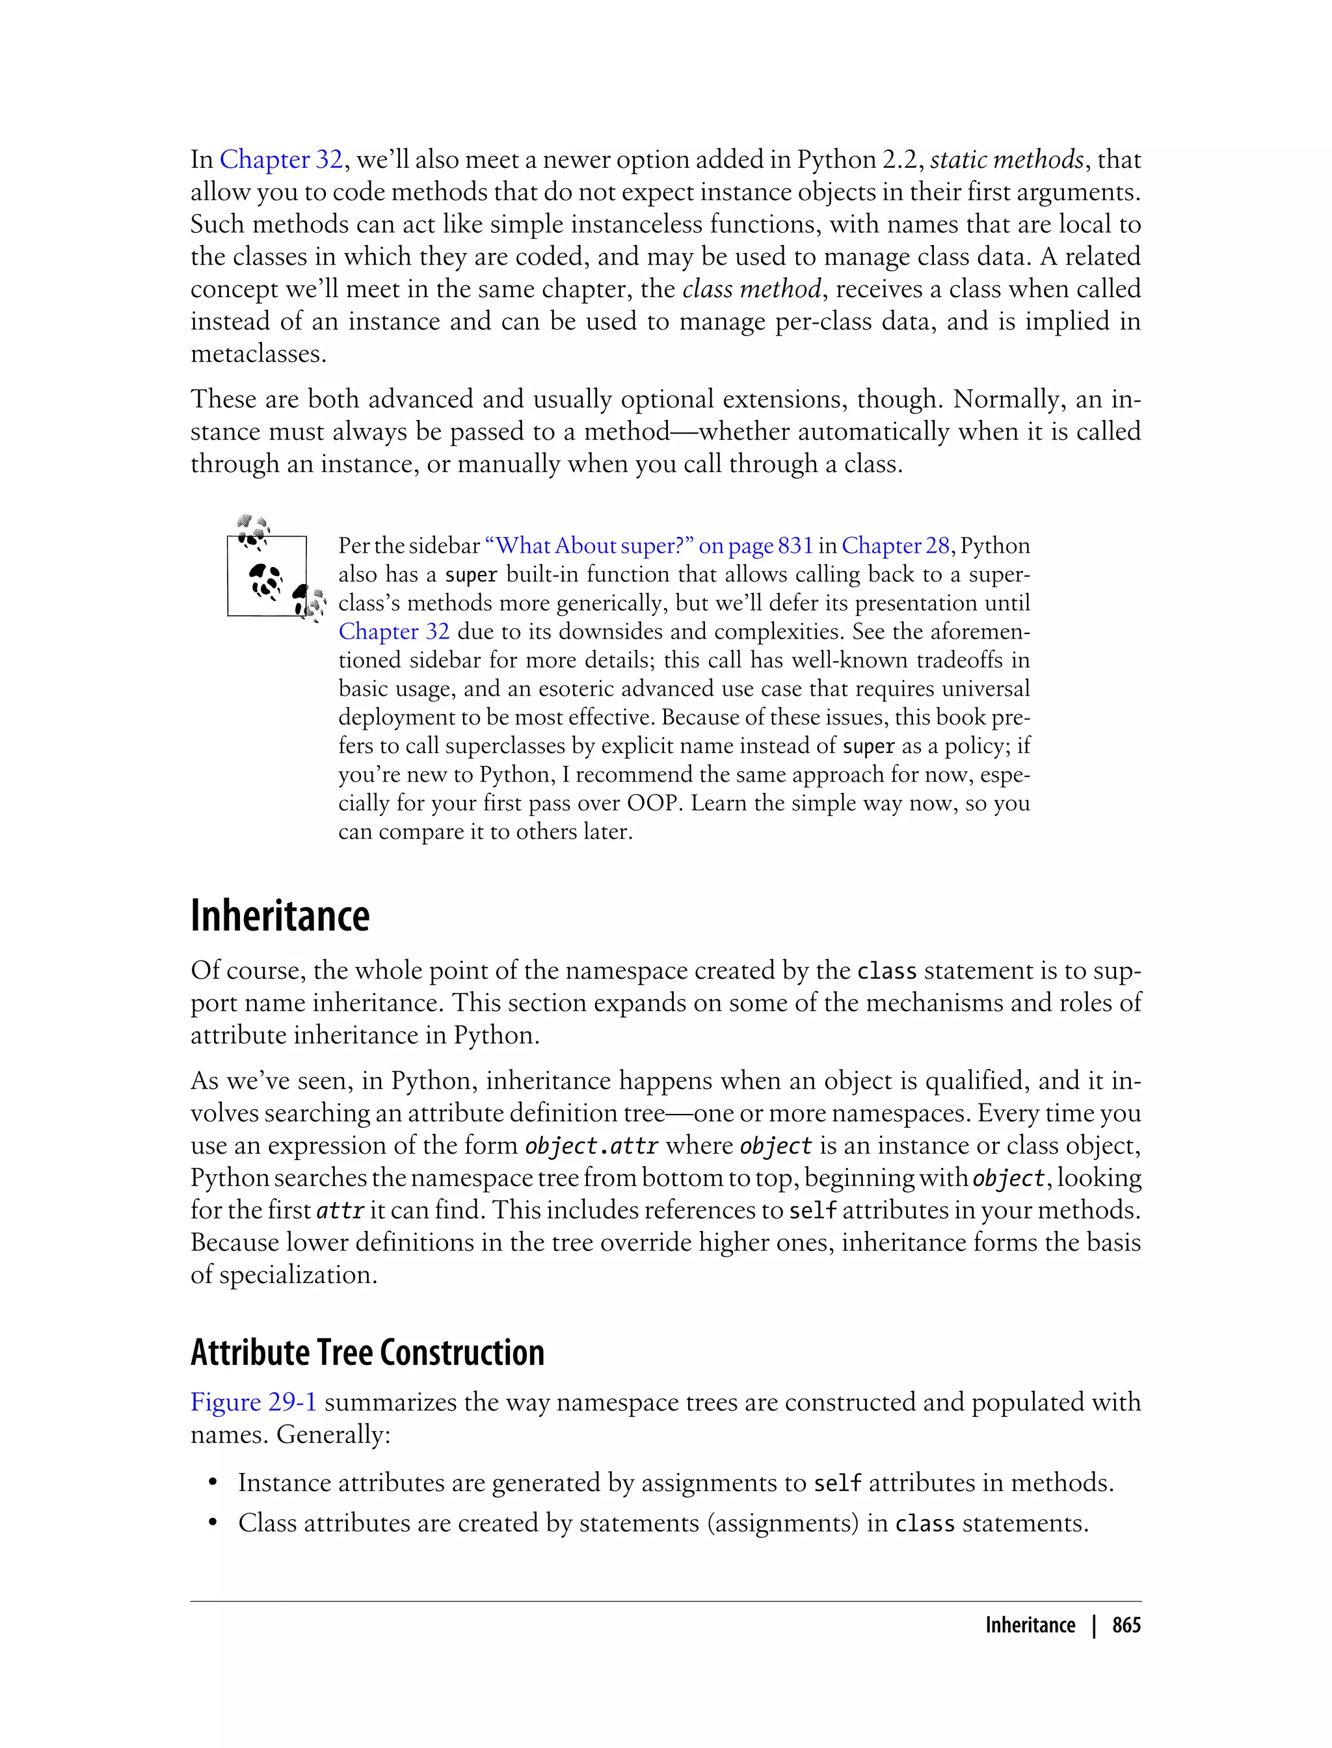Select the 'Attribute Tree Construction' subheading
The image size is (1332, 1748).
pyautogui.click(x=367, y=1351)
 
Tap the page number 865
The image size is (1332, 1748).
pyautogui.click(x=1126, y=1625)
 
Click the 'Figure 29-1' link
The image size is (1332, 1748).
pyautogui.click(x=254, y=1401)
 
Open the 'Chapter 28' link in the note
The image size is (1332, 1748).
pyautogui.click(x=895, y=546)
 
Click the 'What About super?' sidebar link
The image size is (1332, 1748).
pyautogui.click(x=648, y=546)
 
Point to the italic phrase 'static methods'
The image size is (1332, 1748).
pyautogui.click(x=1006, y=159)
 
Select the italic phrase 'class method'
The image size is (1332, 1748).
pyautogui.click(x=751, y=289)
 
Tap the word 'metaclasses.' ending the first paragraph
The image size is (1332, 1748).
pyautogui.click(x=258, y=354)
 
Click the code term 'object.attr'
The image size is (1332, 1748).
pyautogui.click(x=591, y=1146)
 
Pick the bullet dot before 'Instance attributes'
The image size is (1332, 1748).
pyautogui.click(x=213, y=1483)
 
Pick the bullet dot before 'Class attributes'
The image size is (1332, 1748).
pyautogui.click(x=213, y=1524)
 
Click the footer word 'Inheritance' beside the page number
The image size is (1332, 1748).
pyautogui.click(x=1030, y=1625)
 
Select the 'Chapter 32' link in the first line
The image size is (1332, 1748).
pyautogui.click(x=281, y=159)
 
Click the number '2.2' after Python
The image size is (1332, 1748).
pyautogui.click(x=902, y=159)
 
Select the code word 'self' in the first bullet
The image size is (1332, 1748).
pyautogui.click(x=837, y=1483)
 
